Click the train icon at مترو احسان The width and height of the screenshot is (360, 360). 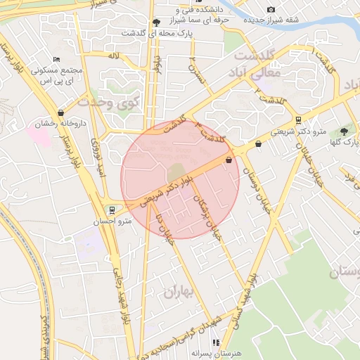tap(112, 210)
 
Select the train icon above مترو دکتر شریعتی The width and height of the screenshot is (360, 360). tap(298, 120)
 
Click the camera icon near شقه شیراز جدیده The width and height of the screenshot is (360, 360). tap(271, 9)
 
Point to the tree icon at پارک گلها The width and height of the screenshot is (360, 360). tap(344, 131)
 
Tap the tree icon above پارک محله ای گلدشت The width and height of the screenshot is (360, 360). tap(156, 22)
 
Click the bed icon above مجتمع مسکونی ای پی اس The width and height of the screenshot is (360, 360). tap(57, 59)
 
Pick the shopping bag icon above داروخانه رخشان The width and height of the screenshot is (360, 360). tap(61, 112)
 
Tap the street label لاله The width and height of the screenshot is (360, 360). tap(113, 54)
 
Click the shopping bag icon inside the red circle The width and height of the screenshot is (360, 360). tap(229, 160)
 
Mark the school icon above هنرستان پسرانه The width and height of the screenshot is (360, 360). tap(215, 342)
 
